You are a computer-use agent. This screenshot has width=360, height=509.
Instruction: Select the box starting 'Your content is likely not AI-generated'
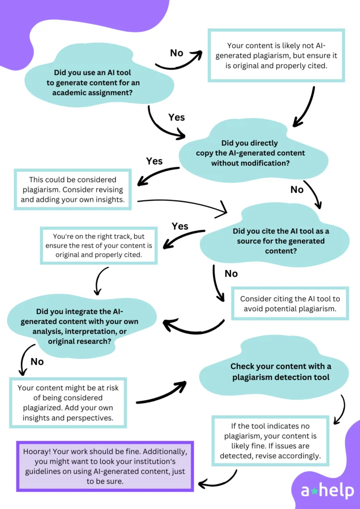pyautogui.click(x=276, y=55)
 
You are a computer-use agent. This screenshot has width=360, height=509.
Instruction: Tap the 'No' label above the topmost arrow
pyautogui.click(x=177, y=53)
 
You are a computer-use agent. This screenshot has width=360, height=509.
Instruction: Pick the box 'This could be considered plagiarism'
pyautogui.click(x=73, y=190)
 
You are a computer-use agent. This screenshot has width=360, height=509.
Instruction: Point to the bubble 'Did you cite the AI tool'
pyautogui.click(x=280, y=241)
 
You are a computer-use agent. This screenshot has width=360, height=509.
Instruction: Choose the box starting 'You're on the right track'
pyautogui.click(x=99, y=246)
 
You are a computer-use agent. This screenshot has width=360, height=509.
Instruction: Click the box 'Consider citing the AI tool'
pyautogui.click(x=290, y=304)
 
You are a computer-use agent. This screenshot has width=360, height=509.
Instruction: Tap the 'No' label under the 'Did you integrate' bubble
pyautogui.click(x=37, y=362)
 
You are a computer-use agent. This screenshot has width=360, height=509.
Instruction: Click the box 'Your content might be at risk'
pyautogui.click(x=68, y=403)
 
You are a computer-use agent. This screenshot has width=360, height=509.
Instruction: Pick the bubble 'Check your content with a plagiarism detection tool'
pyautogui.click(x=280, y=372)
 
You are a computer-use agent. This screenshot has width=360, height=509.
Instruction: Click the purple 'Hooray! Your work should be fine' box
pyautogui.click(x=104, y=466)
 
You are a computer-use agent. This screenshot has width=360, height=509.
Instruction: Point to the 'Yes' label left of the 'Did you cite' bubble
pyautogui.click(x=180, y=227)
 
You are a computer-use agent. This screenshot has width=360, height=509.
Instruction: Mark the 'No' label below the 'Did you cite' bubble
pyautogui.click(x=231, y=274)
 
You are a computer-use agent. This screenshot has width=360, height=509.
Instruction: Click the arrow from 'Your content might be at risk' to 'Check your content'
pyautogui.click(x=161, y=393)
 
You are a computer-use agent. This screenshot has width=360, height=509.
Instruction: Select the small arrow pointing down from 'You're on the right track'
pyautogui.click(x=100, y=280)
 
